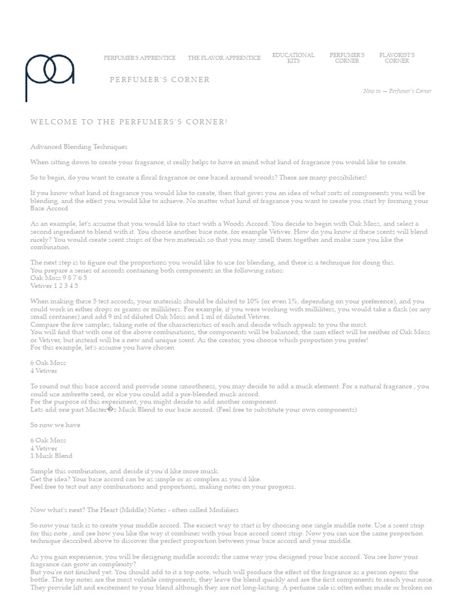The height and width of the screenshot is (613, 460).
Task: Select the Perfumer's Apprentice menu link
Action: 140,58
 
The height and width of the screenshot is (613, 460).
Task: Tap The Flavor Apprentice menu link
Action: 224,58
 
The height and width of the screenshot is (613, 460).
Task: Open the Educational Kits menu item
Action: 293,58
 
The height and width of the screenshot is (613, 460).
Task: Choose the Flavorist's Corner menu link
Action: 397,58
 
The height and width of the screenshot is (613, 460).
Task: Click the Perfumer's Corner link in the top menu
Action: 347,58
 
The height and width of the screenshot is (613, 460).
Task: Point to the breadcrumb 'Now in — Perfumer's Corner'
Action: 397,91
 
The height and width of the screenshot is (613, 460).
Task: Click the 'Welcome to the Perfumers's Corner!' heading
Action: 129,122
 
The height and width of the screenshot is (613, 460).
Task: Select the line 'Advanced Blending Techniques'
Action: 78,147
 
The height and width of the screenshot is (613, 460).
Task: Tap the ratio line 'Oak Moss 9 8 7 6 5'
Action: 59,278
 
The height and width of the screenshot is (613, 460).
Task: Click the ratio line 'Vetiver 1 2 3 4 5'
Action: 55,286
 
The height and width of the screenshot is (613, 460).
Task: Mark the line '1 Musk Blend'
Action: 51,456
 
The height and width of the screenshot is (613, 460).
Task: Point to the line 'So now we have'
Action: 55,425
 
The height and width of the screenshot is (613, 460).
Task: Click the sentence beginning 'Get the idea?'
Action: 146,479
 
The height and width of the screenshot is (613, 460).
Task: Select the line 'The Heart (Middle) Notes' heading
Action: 134,509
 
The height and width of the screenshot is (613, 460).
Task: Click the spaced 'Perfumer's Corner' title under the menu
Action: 159,80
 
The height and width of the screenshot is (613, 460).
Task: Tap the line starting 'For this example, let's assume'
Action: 102,347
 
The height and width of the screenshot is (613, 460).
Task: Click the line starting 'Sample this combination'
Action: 125,471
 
